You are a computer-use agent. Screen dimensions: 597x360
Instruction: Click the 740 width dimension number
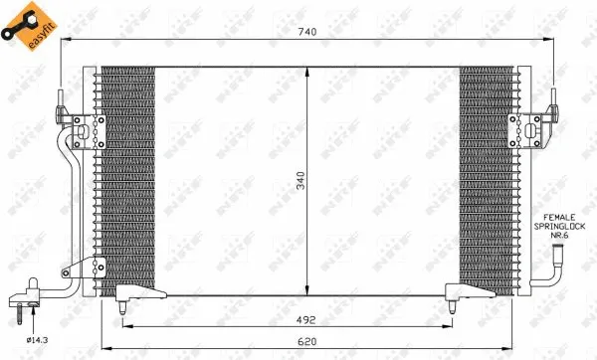[307, 32]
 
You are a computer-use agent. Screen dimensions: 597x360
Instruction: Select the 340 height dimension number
[300, 181]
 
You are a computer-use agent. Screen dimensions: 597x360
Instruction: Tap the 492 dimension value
[306, 320]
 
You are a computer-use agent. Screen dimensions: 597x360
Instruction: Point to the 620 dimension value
[307, 341]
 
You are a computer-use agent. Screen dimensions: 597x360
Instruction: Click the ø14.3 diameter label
[38, 340]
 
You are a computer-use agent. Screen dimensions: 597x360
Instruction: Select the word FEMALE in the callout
[559, 218]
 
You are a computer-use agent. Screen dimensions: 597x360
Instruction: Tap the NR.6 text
[559, 235]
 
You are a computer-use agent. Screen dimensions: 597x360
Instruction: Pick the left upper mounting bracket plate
[90, 131]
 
